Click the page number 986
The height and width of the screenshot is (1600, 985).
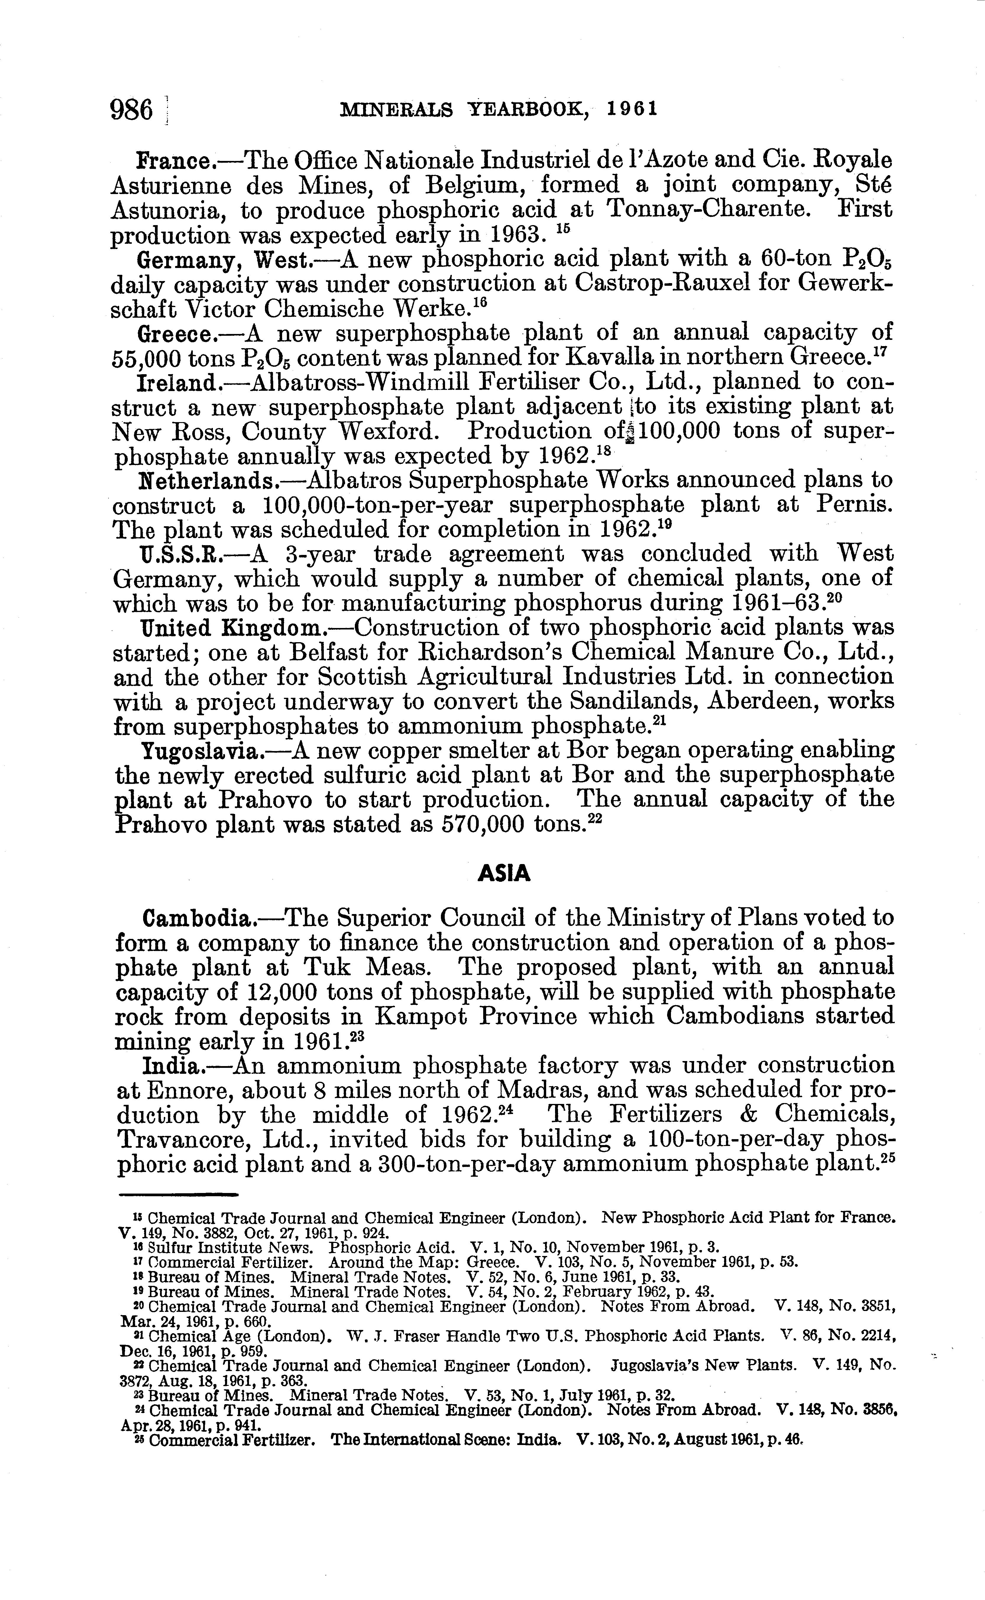pyautogui.click(x=132, y=109)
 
